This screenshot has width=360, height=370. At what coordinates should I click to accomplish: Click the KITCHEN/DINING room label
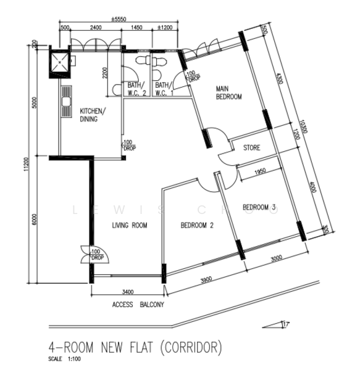tap(93, 115)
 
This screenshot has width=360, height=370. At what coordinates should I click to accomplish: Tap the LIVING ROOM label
tap(129, 226)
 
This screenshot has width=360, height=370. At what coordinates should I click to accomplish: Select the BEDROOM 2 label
tap(196, 226)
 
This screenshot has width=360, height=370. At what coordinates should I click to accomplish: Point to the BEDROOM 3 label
tap(259, 207)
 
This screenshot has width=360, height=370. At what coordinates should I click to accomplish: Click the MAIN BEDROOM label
tap(228, 93)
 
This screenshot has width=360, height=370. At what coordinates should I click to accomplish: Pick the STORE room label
tap(251, 148)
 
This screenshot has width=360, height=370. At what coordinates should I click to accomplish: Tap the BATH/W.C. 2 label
tap(136, 89)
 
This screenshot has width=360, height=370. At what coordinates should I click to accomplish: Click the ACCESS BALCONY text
tap(138, 305)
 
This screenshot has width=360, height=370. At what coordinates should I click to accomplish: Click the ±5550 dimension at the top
tap(119, 20)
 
